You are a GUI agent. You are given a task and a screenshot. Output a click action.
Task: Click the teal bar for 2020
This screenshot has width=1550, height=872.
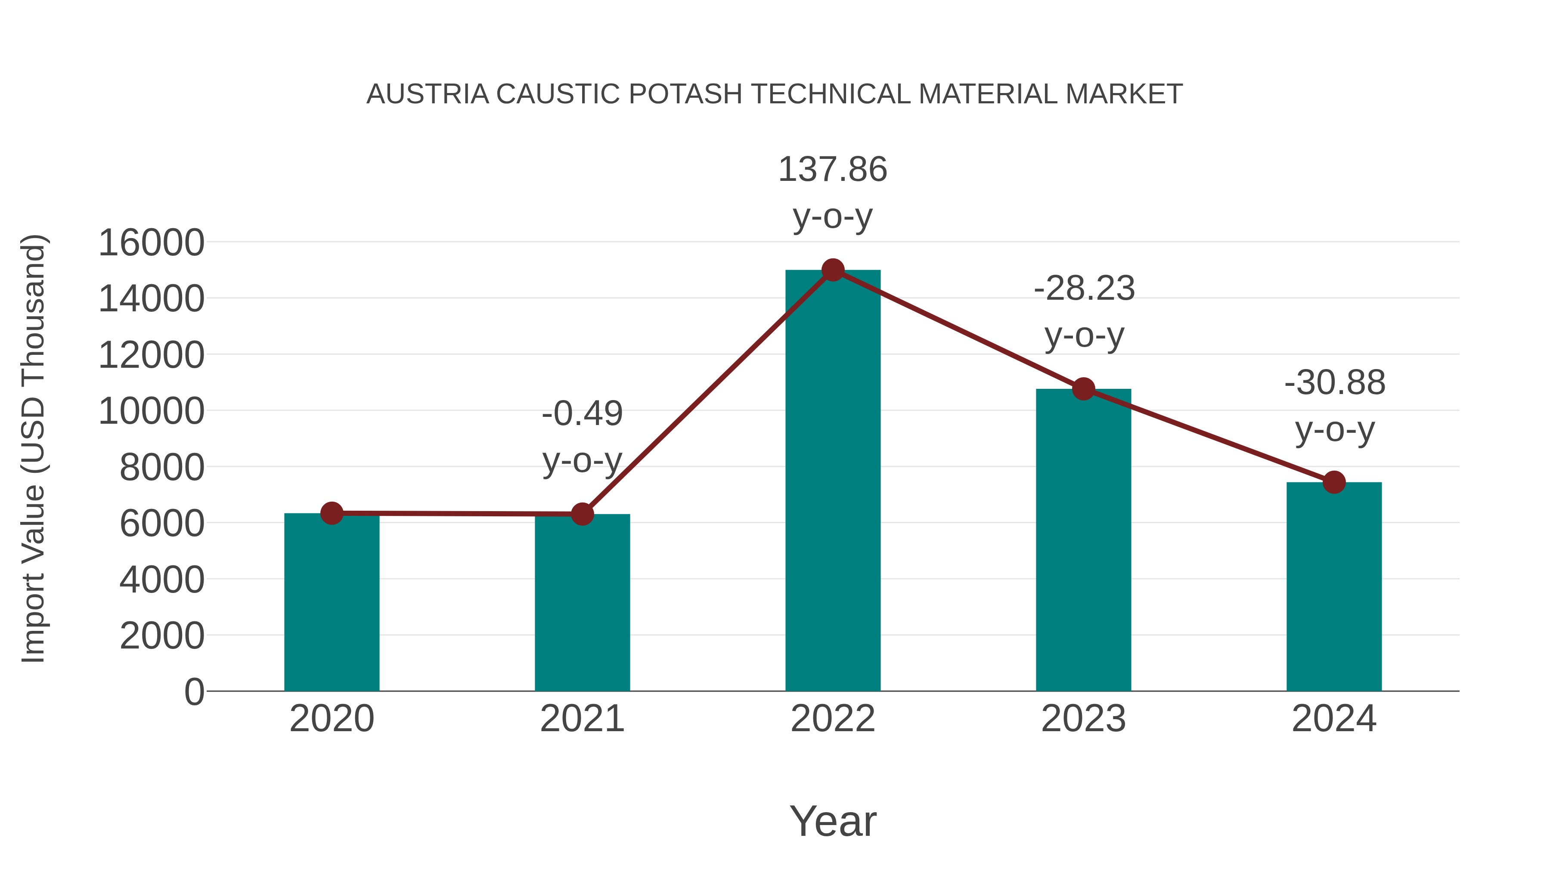click(x=332, y=602)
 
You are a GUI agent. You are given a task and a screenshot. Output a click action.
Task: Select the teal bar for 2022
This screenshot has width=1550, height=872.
click(x=833, y=481)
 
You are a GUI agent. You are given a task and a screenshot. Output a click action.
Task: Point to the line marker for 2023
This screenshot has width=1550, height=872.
click(x=1084, y=389)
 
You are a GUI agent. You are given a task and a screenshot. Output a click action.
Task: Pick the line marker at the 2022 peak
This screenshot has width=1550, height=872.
click(x=833, y=270)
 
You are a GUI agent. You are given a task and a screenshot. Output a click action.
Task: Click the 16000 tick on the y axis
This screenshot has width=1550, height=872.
click(x=151, y=243)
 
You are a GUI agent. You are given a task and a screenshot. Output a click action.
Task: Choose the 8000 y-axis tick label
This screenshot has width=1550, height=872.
click(x=162, y=468)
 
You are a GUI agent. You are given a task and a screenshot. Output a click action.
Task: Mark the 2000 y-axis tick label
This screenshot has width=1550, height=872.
click(x=162, y=636)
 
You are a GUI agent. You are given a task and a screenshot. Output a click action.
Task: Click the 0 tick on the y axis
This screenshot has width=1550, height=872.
click(x=194, y=692)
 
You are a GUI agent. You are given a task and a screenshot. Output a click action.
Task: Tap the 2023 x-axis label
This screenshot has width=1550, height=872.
click(x=1084, y=719)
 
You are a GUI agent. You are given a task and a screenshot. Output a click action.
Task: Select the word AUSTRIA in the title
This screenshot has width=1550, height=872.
click(x=428, y=94)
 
